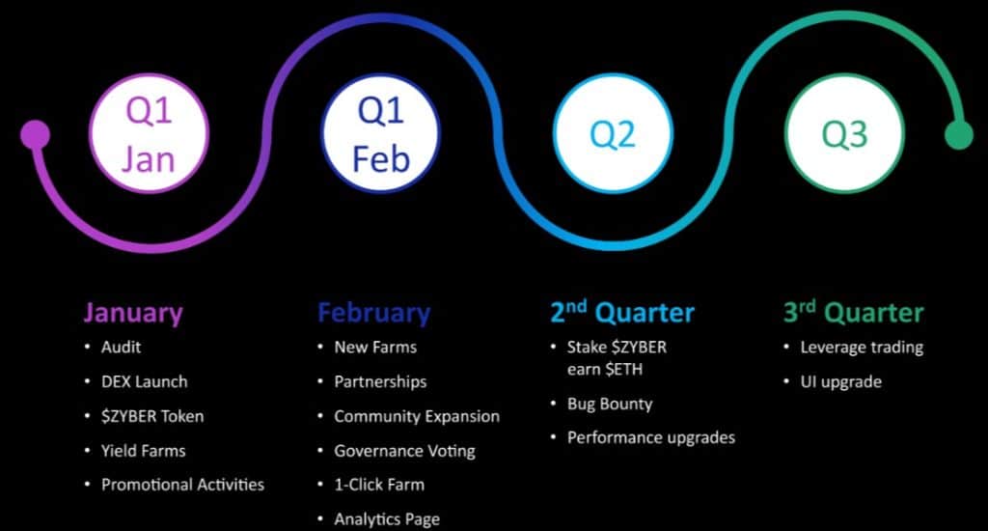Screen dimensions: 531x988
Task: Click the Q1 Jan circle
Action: (149, 135)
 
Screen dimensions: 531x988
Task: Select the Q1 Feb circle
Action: (381, 135)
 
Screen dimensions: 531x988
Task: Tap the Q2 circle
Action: (613, 135)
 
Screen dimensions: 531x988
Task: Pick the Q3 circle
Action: (844, 135)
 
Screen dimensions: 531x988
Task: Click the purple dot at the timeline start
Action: (35, 134)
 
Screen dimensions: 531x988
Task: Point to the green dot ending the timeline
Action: (958, 135)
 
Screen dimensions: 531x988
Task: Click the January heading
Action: (132, 313)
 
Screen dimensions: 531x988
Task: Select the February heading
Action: (374, 313)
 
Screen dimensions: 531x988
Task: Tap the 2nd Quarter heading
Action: (622, 313)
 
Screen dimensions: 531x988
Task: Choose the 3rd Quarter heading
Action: (853, 313)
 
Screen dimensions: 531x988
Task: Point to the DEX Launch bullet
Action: (144, 381)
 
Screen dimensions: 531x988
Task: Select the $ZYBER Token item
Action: (152, 416)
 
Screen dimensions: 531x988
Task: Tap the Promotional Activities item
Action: (182, 485)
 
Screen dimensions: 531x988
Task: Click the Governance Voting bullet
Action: (404, 451)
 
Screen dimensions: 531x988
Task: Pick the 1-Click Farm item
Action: (379, 485)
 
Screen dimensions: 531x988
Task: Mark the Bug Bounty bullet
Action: (610, 404)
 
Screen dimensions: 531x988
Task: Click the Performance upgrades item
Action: (651, 437)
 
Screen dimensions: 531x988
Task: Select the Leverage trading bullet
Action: (862, 347)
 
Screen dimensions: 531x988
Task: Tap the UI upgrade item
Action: (840, 381)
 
